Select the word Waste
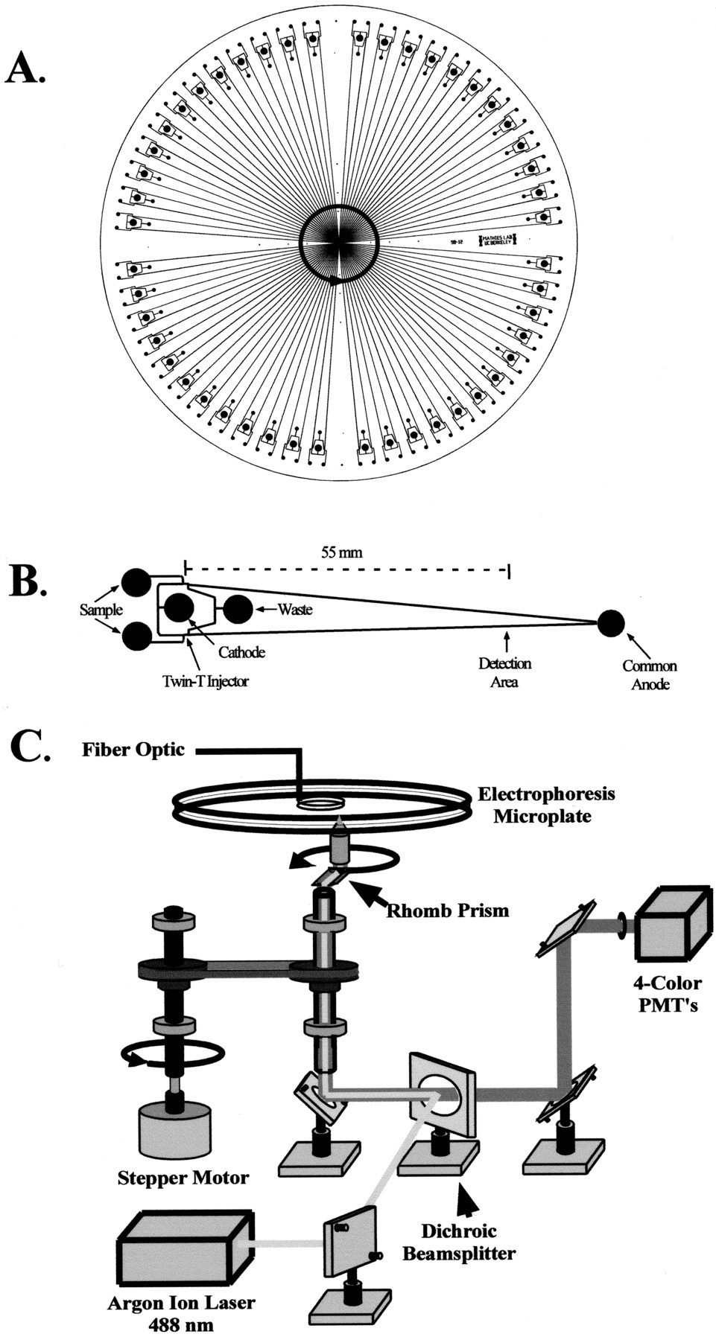tap(295, 610)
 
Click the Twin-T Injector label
tap(206, 680)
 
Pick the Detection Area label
tap(504, 671)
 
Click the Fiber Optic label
tap(133, 749)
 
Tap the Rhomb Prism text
tap(447, 910)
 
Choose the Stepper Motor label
tap(183, 1178)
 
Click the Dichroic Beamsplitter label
tap(459, 1242)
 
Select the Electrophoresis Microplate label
tap(546, 805)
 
